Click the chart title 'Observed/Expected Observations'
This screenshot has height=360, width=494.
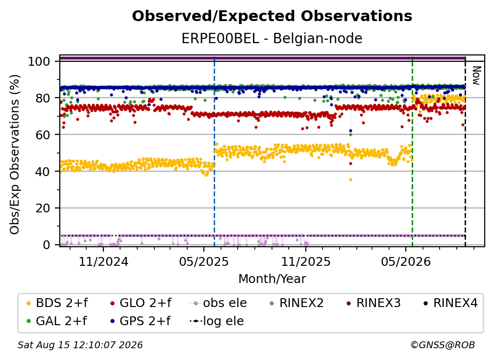click(x=272, y=16)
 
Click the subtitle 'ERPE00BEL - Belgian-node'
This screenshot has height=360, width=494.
click(x=272, y=38)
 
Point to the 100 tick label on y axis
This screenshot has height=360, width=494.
click(x=39, y=61)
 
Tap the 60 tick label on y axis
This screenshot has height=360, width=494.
click(x=43, y=135)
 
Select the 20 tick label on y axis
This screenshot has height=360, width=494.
click(x=43, y=208)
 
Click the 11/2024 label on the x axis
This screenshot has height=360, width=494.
click(x=103, y=262)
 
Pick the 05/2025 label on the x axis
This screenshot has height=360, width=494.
click(x=204, y=262)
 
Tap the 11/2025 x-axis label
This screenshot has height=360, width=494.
click(x=306, y=262)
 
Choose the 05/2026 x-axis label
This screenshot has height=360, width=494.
click(x=406, y=262)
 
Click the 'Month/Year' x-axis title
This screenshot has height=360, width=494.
click(x=272, y=279)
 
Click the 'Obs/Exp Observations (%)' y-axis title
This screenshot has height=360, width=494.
click(x=15, y=154)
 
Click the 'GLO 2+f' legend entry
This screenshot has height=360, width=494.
click(x=141, y=303)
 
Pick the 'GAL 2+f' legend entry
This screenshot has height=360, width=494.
click(x=56, y=321)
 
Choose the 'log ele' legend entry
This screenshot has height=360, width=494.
click(x=217, y=321)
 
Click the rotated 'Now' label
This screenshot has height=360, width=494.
click(x=476, y=76)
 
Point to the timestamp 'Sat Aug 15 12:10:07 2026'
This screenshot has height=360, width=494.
click(x=80, y=345)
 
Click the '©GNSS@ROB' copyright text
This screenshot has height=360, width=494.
click(x=443, y=345)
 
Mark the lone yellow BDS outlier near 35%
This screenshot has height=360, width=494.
click(x=350, y=180)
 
